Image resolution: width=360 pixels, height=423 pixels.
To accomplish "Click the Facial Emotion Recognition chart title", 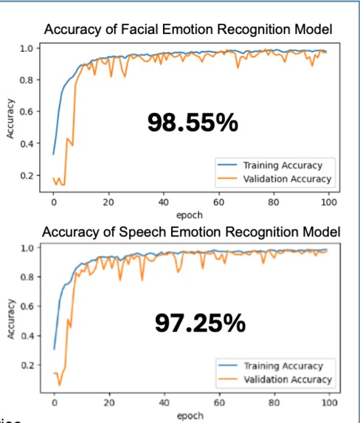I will pos(188,30).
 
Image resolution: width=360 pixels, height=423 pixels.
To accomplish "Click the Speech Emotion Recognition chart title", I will pos(191,232).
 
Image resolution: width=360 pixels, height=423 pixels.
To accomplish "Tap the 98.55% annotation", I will pos(193,123).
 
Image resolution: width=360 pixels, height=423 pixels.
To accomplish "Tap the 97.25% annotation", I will pos(200,322).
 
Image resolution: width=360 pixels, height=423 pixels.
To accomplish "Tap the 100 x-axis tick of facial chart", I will pos(329,202).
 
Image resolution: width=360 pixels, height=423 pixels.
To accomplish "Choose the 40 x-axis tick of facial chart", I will pos(163,202).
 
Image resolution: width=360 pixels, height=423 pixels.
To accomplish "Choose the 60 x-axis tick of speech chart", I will pos(218,404).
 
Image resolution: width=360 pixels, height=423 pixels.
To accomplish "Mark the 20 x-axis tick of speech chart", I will pos(108,404).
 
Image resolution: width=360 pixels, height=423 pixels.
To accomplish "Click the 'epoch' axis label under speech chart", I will pos(190,416).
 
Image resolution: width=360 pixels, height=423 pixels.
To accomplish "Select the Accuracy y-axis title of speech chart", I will pos(11,318).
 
